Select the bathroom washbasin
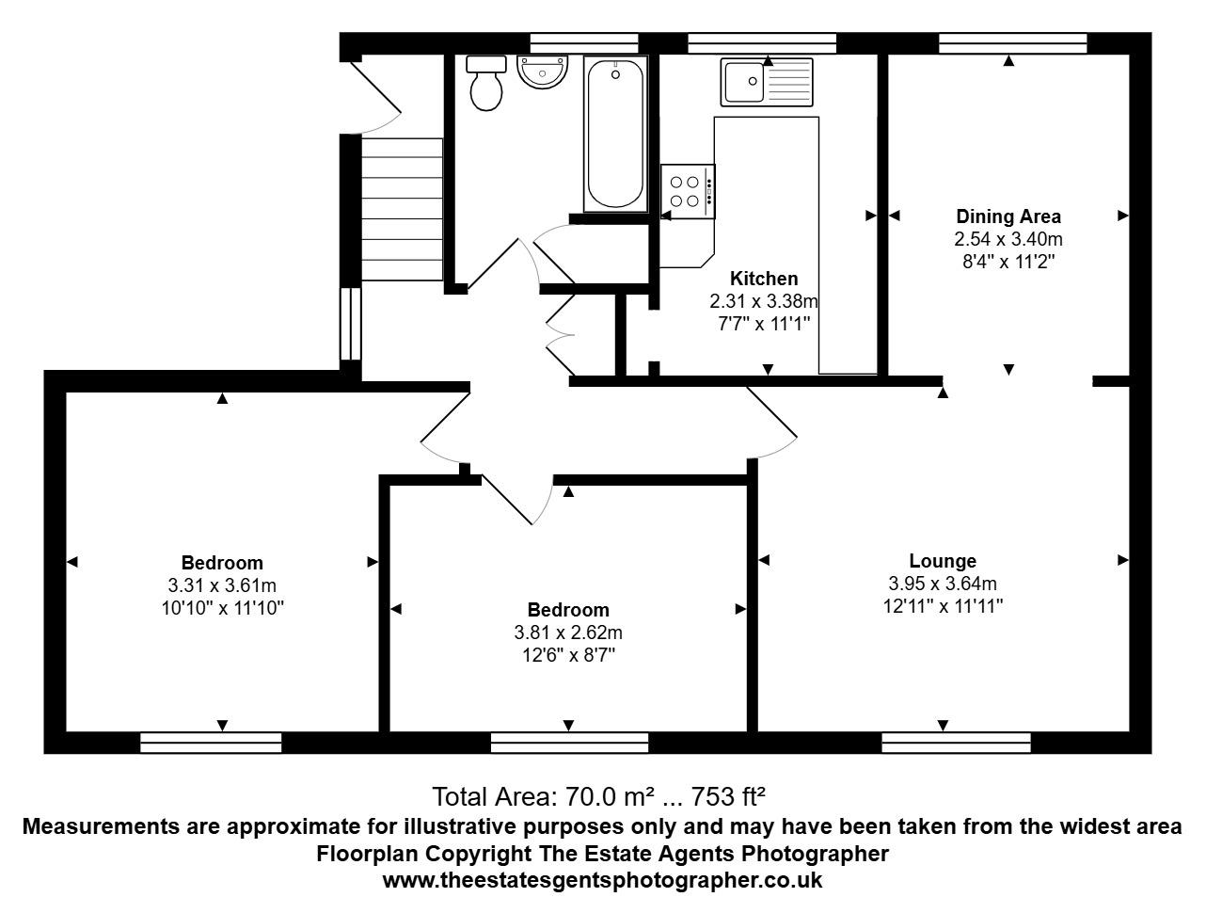coord(543,72)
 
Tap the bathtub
coord(615,134)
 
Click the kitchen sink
coord(766,82)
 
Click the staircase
coord(402,209)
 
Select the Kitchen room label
coord(764,279)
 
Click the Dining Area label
coord(1008,216)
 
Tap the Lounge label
coord(942,561)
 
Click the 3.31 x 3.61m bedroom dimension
coord(222,586)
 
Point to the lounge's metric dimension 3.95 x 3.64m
coord(942,584)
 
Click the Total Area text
coord(598,796)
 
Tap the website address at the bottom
coord(602,881)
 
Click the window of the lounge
coord(956,744)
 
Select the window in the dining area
coord(1012,43)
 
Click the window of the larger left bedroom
coord(211,744)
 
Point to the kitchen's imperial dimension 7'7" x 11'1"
coord(764,324)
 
